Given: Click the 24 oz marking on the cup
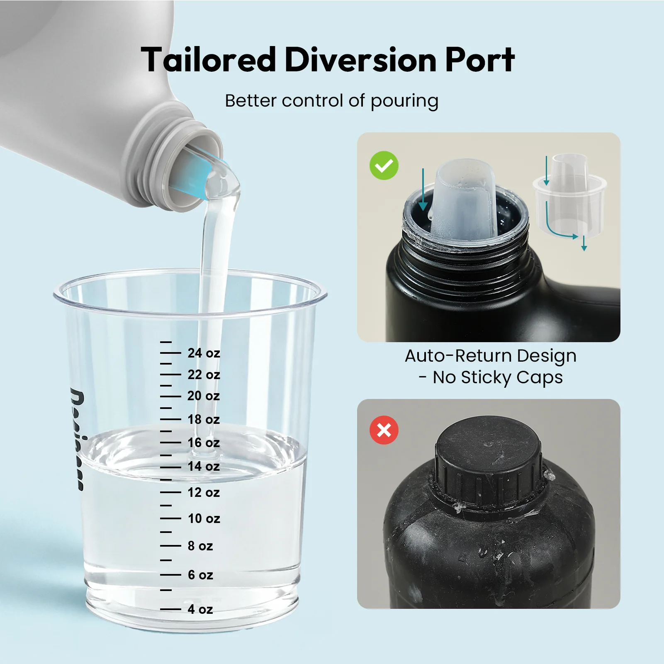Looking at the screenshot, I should [x=204, y=353].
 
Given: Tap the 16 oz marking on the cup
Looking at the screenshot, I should [x=204, y=443].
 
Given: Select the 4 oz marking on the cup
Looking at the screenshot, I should [x=200, y=609].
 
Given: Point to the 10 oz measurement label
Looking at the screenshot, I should [x=204, y=518].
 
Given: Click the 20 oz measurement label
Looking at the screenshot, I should [x=204, y=396].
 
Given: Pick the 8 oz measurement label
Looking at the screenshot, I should [x=200, y=546].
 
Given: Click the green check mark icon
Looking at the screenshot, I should [x=384, y=165].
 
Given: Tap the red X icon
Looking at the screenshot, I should [x=384, y=430].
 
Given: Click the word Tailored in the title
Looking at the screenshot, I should [x=208, y=60].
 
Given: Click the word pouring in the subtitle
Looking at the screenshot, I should [x=404, y=101].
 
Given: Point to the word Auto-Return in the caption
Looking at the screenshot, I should [x=458, y=356].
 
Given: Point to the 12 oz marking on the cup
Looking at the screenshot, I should [x=204, y=492].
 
